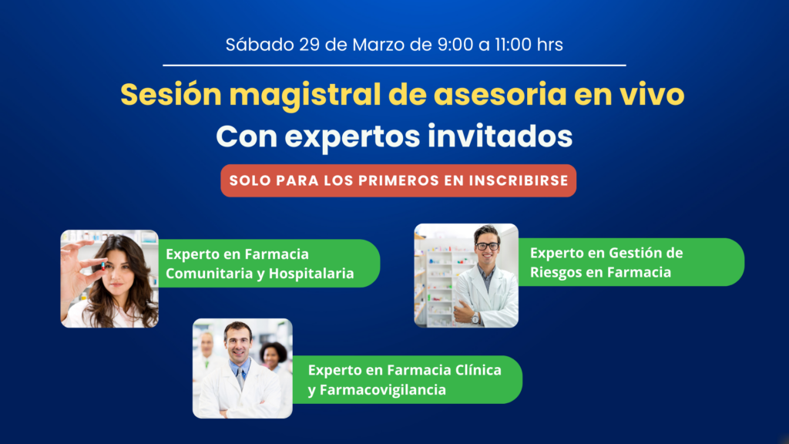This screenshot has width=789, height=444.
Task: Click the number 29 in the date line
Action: [310, 45]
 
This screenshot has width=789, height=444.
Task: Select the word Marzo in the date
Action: [378, 45]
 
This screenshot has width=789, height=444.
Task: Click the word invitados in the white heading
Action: [499, 136]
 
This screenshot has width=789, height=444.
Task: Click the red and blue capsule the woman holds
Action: [103, 266]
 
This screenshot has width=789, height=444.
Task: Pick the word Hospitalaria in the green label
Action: [311, 274]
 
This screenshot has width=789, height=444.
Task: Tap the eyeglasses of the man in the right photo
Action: [487, 246]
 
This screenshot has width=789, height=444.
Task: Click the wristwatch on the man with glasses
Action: [475, 318]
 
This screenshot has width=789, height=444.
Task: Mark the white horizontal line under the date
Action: [394, 66]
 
